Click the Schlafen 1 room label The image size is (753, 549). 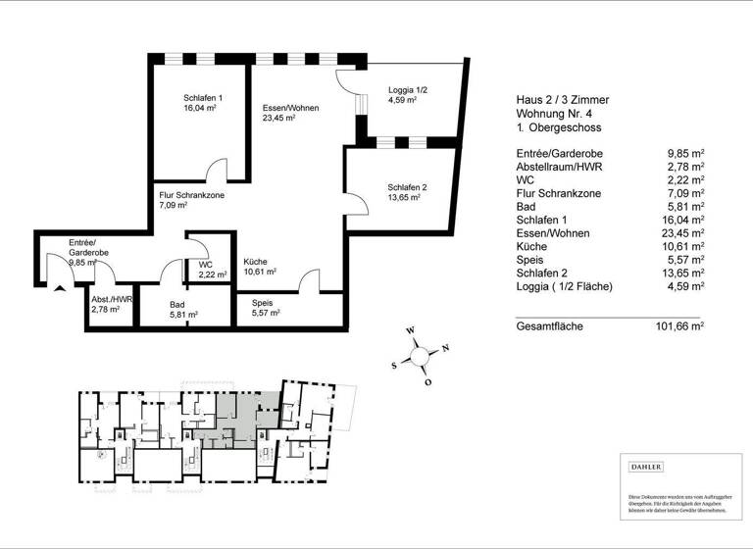click(202, 98)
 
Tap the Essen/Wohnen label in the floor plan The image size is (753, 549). click(289, 108)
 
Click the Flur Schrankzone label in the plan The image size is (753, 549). click(192, 196)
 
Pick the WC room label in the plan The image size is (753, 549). click(207, 265)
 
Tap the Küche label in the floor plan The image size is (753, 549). click(255, 262)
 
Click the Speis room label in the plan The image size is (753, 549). click(262, 303)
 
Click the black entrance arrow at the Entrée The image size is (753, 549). click(61, 285)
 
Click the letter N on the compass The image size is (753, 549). click(445, 348)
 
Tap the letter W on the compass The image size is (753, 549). click(411, 330)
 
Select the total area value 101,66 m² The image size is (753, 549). click(679, 325)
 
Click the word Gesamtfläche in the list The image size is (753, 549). click(550, 325)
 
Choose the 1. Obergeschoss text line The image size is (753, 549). click(559, 128)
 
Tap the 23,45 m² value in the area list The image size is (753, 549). click(685, 234)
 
